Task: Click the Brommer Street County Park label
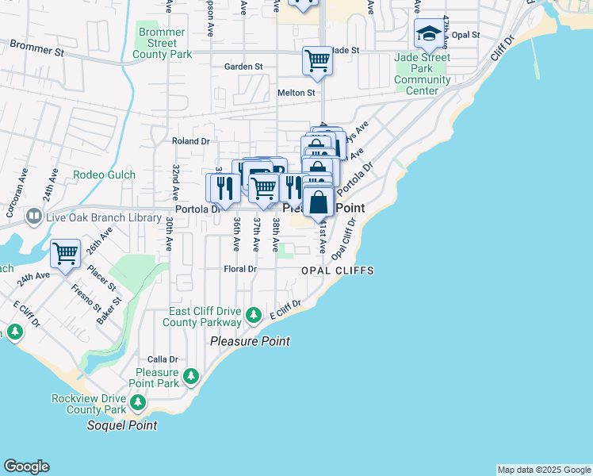(x=163, y=44)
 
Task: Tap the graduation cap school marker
(x=429, y=33)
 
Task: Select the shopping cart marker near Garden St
(x=317, y=60)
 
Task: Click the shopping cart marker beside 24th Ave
(x=65, y=254)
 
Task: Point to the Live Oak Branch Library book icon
(x=34, y=216)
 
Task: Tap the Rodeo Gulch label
(x=104, y=175)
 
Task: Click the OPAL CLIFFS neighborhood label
(x=337, y=271)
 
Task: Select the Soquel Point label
(x=121, y=425)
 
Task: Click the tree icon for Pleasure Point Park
(x=190, y=374)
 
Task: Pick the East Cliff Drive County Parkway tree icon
(x=254, y=316)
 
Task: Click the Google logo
(x=26, y=466)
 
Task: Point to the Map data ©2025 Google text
(x=543, y=470)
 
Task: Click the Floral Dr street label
(x=241, y=269)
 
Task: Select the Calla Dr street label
(x=161, y=359)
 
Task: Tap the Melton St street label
(x=296, y=93)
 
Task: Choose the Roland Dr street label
(x=190, y=141)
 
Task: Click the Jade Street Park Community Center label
(x=423, y=75)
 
